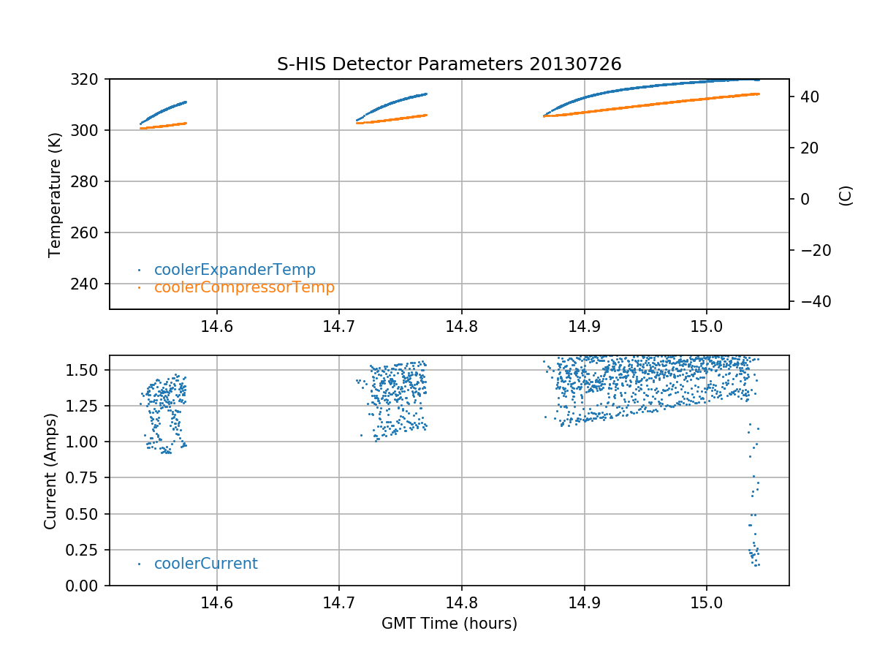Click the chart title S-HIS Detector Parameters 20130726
pyautogui.click(x=449, y=64)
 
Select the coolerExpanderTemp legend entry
pyautogui.click(x=235, y=270)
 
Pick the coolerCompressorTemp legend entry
pyautogui.click(x=244, y=287)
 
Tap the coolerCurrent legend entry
pyautogui.click(x=205, y=564)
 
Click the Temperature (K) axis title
pyautogui.click(x=54, y=194)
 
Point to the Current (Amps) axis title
pyautogui.click(x=50, y=470)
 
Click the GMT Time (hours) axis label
pyautogui.click(x=449, y=624)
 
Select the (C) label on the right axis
pyautogui.click(x=846, y=195)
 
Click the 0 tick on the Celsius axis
pyautogui.click(x=801, y=200)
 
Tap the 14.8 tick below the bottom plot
pyautogui.click(x=461, y=603)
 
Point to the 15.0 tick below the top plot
pyautogui.click(x=706, y=327)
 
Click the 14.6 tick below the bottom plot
pyautogui.click(x=216, y=603)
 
